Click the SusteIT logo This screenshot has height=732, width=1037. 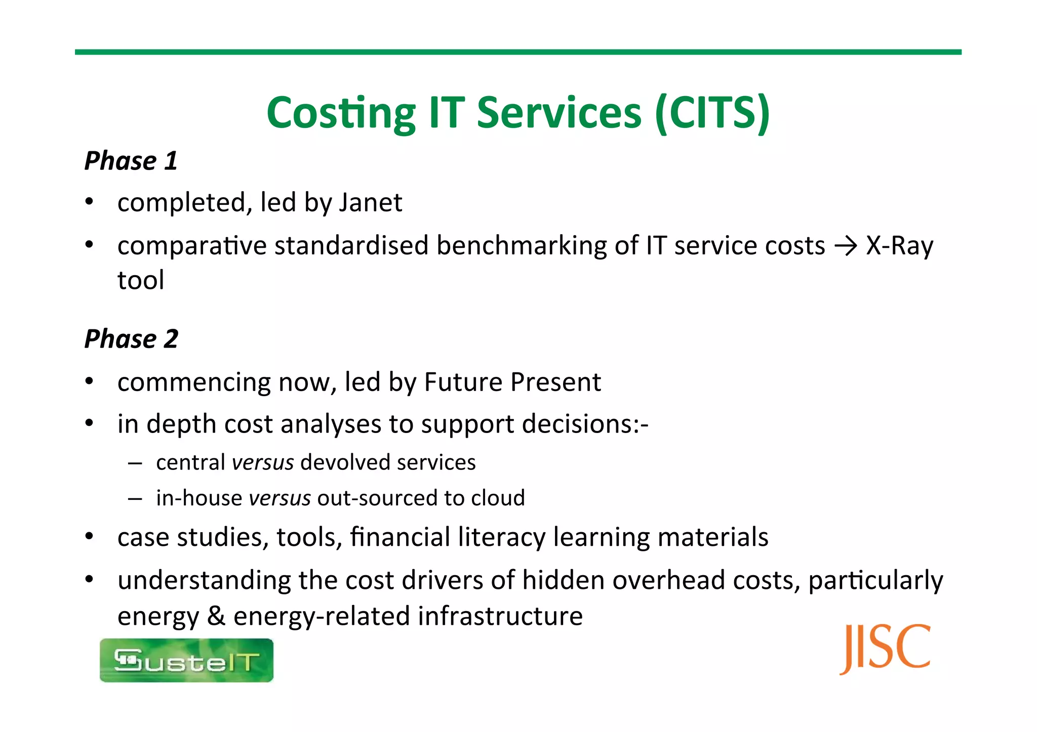tap(186, 660)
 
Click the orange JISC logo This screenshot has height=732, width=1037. tap(885, 649)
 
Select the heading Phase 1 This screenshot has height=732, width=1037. tap(131, 161)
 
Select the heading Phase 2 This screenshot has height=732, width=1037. tap(131, 338)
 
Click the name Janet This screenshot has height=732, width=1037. tap(371, 202)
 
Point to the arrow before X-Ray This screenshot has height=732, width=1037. tap(845, 246)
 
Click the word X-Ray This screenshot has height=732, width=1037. tap(899, 246)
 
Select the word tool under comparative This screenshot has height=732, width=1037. tap(141, 280)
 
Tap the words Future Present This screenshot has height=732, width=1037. tap(512, 382)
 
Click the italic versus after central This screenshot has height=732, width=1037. tap(263, 462)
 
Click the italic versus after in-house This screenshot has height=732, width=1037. tap(280, 498)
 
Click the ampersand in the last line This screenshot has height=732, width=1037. tap(216, 616)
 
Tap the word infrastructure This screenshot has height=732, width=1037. tap(500, 616)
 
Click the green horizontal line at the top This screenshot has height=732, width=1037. tap(518, 52)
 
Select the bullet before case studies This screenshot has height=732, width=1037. tap(89, 536)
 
